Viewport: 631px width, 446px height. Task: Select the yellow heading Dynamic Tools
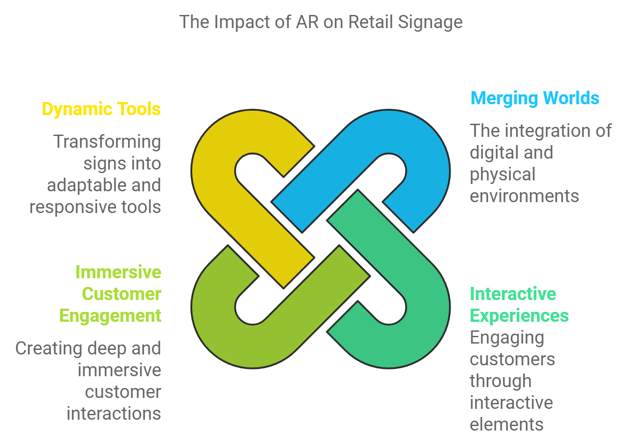pyautogui.click(x=101, y=109)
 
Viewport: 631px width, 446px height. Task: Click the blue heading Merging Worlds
pyautogui.click(x=534, y=98)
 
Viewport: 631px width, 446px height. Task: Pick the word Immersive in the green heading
pyautogui.click(x=118, y=272)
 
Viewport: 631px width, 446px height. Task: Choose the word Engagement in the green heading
pyautogui.click(x=110, y=316)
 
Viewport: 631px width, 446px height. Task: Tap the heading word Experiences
pyautogui.click(x=519, y=316)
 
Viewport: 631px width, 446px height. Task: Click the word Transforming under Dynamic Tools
pyautogui.click(x=107, y=142)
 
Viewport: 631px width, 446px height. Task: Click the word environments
pyautogui.click(x=524, y=196)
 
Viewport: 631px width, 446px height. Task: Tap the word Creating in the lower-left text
pyautogui.click(x=42, y=349)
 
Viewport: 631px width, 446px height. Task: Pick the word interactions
pyautogui.click(x=113, y=414)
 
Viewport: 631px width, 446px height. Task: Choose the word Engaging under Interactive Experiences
pyautogui.click(x=507, y=338)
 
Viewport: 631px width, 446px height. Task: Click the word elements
pyautogui.click(x=506, y=425)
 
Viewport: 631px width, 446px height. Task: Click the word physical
pyautogui.click(x=502, y=175)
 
